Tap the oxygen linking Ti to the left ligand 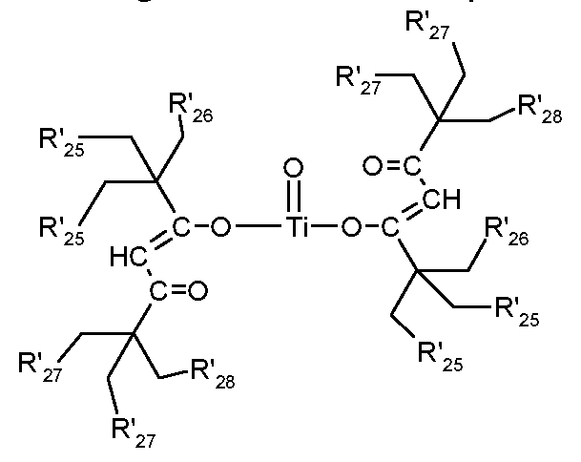pyautogui.click(x=220, y=228)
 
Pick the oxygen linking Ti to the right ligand pyautogui.click(x=354, y=228)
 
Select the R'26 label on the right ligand pyautogui.click(x=507, y=231)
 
